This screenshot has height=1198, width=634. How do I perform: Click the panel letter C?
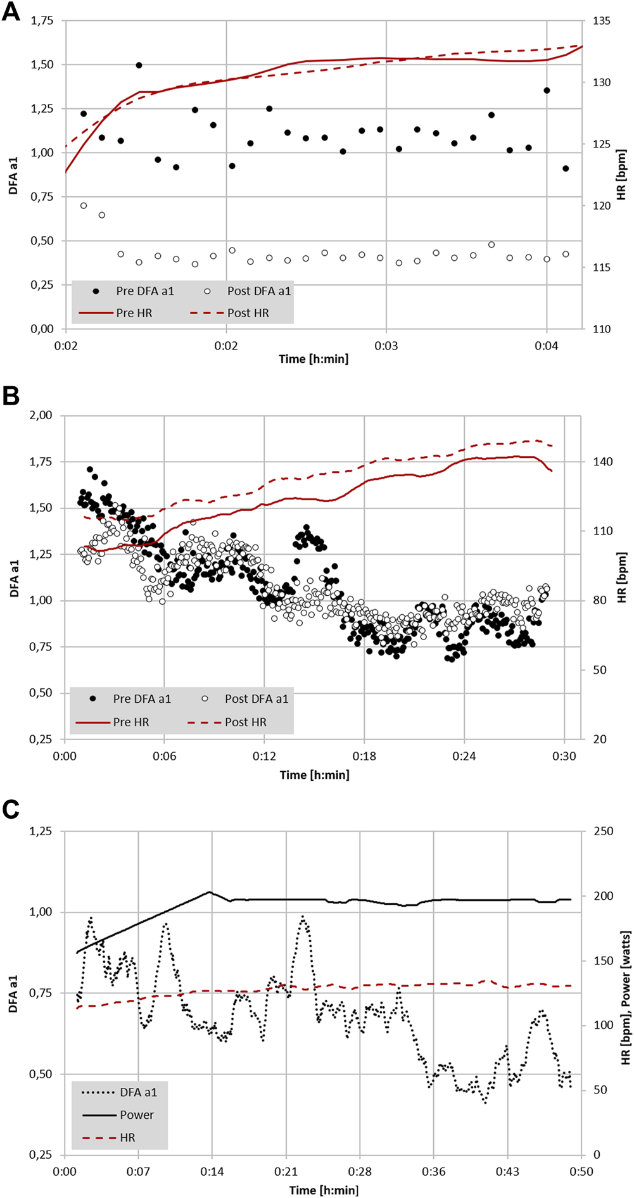(11, 810)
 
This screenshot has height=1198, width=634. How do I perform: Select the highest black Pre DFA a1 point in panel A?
(139, 65)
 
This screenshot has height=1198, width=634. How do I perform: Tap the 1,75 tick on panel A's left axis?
(42, 21)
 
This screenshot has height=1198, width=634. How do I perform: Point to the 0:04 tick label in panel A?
(546, 346)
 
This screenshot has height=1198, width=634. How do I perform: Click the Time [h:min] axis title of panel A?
(314, 359)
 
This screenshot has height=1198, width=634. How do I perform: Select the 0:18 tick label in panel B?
(364, 756)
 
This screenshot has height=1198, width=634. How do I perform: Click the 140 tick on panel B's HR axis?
(602, 462)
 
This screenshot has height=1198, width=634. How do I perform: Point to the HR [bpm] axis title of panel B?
(621, 577)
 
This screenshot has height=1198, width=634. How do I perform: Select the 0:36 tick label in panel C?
(433, 1171)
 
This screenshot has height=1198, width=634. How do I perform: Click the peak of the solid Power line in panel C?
(209, 892)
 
